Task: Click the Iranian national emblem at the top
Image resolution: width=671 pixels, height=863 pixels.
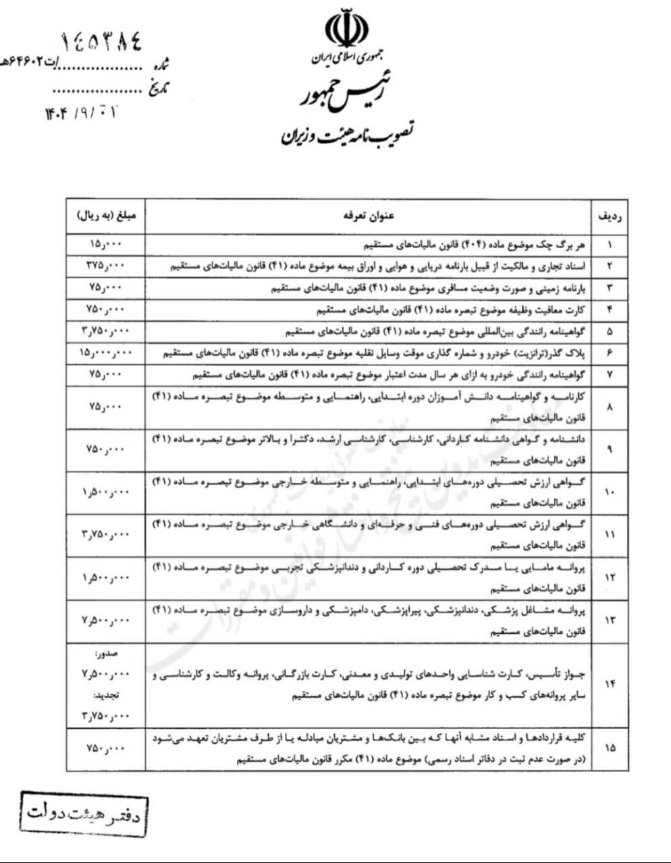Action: click(x=347, y=29)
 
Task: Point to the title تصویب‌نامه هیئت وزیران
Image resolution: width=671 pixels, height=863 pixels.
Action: click(x=348, y=133)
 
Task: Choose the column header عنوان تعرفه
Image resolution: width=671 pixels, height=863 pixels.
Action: click(x=368, y=216)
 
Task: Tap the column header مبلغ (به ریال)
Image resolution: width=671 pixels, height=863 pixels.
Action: click(x=107, y=216)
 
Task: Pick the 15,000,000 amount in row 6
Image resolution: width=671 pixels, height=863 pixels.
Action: click(x=107, y=353)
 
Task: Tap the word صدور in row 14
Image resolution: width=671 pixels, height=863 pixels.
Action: click(x=107, y=654)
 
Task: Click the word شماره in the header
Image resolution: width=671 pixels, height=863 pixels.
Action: click(x=161, y=65)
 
